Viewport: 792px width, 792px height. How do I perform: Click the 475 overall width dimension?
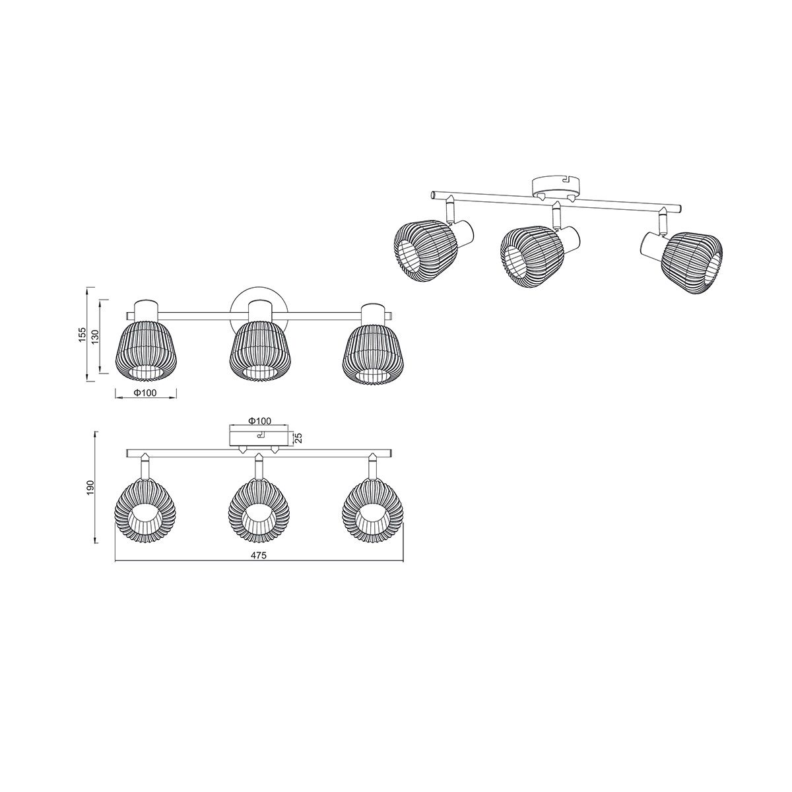click(259, 555)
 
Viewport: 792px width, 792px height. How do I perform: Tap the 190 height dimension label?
click(91, 487)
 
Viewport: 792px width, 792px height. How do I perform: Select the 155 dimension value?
click(82, 335)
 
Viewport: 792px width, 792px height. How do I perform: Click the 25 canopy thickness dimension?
click(299, 438)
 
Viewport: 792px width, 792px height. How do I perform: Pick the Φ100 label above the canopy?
click(259, 421)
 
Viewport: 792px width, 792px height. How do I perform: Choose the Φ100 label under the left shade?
click(145, 393)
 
